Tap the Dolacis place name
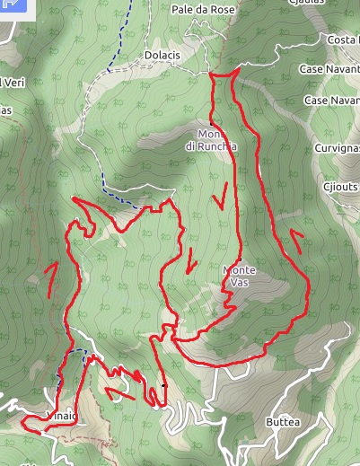point(162,55)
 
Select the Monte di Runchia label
point(212,140)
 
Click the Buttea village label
point(283,421)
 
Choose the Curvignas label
point(338,147)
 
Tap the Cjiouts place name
point(340,187)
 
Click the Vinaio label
point(60,416)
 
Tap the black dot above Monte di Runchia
point(211,122)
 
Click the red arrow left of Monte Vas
point(190,263)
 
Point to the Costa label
point(342,40)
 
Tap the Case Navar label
point(331,101)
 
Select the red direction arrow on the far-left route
point(52,278)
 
